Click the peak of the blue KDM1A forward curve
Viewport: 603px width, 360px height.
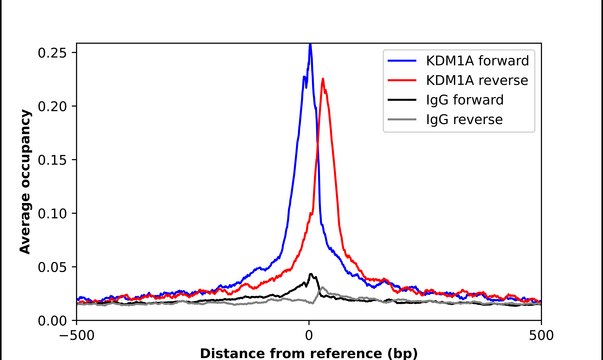pyautogui.click(x=310, y=45)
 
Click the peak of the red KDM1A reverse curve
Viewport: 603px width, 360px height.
pyautogui.click(x=323, y=80)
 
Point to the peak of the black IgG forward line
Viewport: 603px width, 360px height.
pyautogui.click(x=311, y=273)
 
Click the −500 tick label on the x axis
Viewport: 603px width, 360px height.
pyautogui.click(x=77, y=335)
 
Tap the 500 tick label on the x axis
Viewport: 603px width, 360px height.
pyautogui.click(x=541, y=335)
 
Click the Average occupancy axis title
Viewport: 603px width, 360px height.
pyautogui.click(x=25, y=182)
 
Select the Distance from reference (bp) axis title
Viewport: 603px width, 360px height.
pyautogui.click(x=309, y=352)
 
